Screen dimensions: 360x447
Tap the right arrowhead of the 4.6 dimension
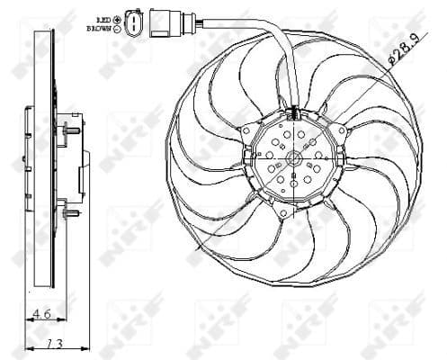[x=57, y=316]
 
